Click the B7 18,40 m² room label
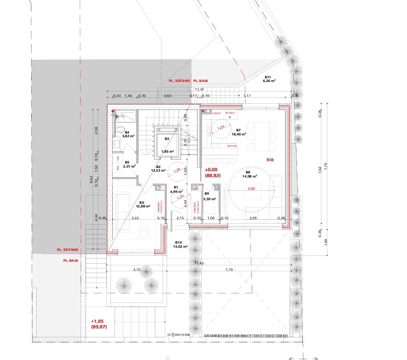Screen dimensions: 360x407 click(x=239, y=132)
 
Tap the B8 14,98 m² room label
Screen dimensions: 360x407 click(x=248, y=174)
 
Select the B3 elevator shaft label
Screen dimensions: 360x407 click(x=167, y=139)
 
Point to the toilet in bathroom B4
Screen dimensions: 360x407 click(x=120, y=130)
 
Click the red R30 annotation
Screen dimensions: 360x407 click(x=271, y=160)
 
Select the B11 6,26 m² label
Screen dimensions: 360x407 click(x=270, y=79)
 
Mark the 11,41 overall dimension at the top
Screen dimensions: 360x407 click(x=199, y=90)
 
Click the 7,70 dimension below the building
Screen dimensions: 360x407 click(x=229, y=269)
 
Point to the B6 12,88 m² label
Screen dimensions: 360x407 click(x=142, y=205)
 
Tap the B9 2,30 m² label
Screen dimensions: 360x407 click(x=209, y=197)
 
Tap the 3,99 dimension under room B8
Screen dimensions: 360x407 click(x=254, y=219)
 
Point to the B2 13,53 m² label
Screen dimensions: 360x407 click(x=158, y=169)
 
